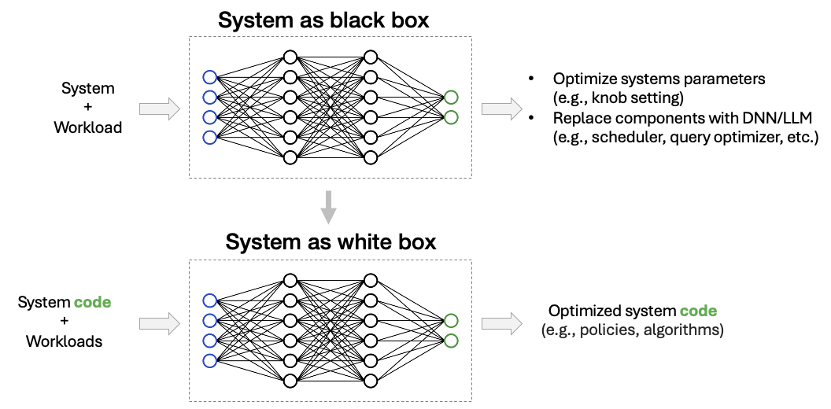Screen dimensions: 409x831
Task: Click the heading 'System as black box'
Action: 323,20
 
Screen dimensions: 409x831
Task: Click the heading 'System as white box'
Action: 331,242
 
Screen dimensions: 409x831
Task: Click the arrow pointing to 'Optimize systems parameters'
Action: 501,109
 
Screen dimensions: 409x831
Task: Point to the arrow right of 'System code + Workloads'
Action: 160,322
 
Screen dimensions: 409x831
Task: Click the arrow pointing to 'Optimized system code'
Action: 501,322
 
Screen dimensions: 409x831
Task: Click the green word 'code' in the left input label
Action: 92,302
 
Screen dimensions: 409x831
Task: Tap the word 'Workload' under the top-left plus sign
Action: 88,127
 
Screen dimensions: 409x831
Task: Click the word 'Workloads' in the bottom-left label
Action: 64,341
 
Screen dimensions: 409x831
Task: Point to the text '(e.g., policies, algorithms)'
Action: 632,330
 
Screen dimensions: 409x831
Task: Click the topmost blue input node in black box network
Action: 209,77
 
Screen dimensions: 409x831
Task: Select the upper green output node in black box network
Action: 451,98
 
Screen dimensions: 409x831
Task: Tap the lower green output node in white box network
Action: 451,341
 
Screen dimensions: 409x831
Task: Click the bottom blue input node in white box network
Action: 209,361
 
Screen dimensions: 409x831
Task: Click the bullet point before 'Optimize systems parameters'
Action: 532,79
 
